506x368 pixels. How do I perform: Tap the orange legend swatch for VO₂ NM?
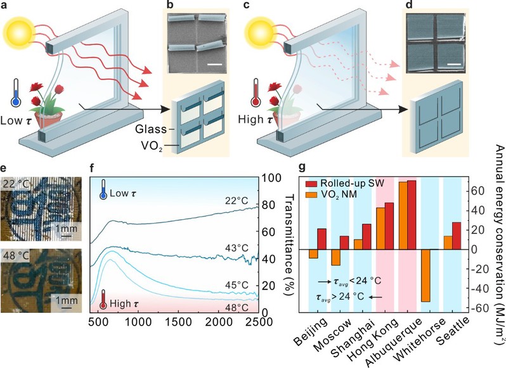pos(311,194)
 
